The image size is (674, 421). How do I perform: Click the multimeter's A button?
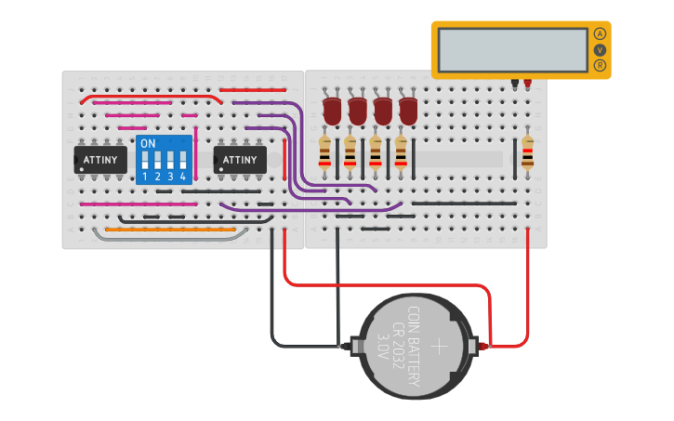pyautogui.click(x=600, y=33)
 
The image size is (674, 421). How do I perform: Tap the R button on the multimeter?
pyautogui.click(x=600, y=65)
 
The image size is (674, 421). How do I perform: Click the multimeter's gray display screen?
pyautogui.click(x=511, y=49)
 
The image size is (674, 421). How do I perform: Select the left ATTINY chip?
pyautogui.click(x=100, y=160)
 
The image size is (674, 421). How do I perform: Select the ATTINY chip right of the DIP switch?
pyautogui.click(x=240, y=160)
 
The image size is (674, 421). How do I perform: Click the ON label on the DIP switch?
pyautogui.click(x=147, y=144)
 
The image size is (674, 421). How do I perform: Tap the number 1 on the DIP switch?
pyautogui.click(x=146, y=176)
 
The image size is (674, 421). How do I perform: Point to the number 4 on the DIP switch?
pyautogui.click(x=183, y=176)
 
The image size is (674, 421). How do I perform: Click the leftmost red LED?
pyautogui.click(x=332, y=111)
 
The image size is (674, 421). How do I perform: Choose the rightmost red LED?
pyautogui.click(x=407, y=111)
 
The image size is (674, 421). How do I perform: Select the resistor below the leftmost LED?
pyautogui.click(x=324, y=151)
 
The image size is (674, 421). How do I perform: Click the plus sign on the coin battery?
pyautogui.click(x=440, y=346)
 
